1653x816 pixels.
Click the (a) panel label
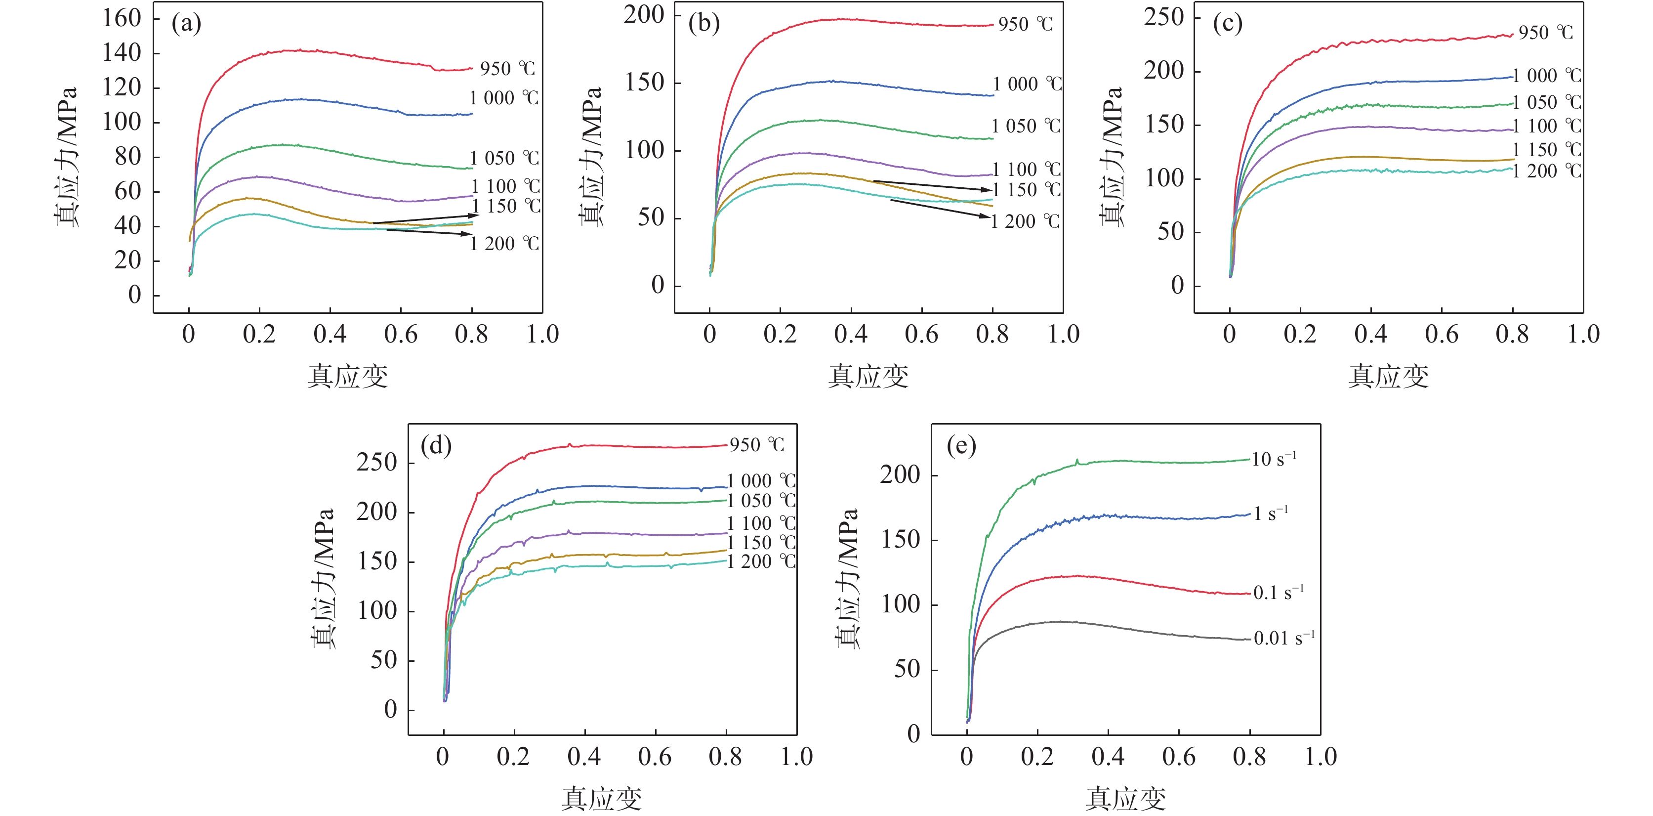pos(186,24)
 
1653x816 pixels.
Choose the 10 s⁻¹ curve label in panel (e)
pos(1274,459)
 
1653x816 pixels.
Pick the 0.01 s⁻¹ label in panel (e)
pos(1284,638)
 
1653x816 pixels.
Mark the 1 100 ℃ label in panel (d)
pos(761,523)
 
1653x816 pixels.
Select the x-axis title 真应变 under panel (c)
pos(1388,376)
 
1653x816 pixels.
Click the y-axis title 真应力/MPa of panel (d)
pos(323,578)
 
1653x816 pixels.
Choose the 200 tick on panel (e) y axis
pos(900,475)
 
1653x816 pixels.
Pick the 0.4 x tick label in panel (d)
pos(584,757)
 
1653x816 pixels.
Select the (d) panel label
pos(436,445)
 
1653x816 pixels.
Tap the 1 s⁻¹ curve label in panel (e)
pos(1271,514)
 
